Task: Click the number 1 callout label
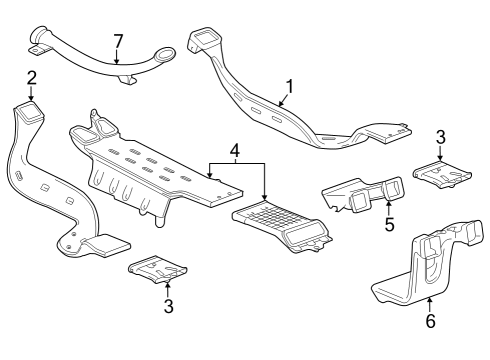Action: (288, 86)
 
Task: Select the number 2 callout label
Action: (32, 77)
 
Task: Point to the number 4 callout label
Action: (234, 151)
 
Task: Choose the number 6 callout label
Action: (429, 322)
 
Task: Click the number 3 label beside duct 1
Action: (441, 136)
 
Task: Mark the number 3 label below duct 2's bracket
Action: (167, 305)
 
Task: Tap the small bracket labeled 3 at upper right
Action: (441, 173)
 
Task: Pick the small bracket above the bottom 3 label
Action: (160, 267)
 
